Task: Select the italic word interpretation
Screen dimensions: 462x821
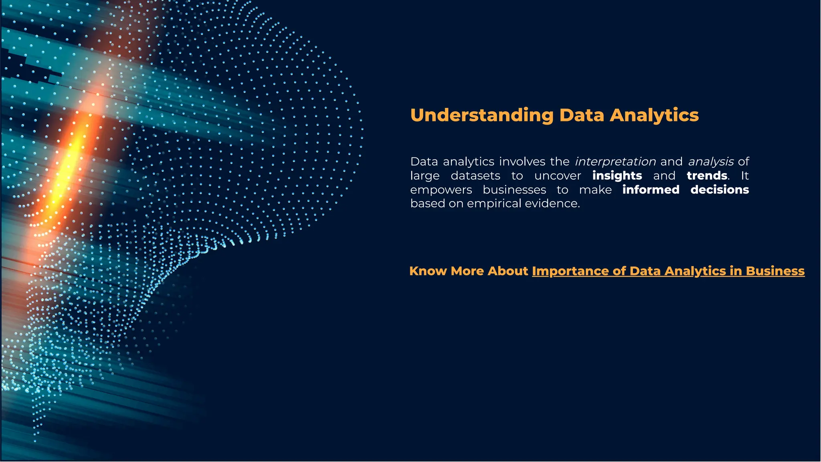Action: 615,161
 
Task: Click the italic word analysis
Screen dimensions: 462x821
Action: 711,161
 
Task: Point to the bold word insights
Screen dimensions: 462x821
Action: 617,176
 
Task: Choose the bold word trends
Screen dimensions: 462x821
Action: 707,176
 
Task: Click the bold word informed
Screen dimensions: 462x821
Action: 651,190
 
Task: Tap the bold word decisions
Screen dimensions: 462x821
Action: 720,190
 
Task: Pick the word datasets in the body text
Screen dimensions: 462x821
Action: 475,176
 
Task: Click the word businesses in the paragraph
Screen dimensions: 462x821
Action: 514,190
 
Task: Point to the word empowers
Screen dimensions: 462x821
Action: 441,190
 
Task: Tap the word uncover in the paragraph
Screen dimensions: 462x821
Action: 558,176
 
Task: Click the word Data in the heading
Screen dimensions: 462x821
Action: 581,115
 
